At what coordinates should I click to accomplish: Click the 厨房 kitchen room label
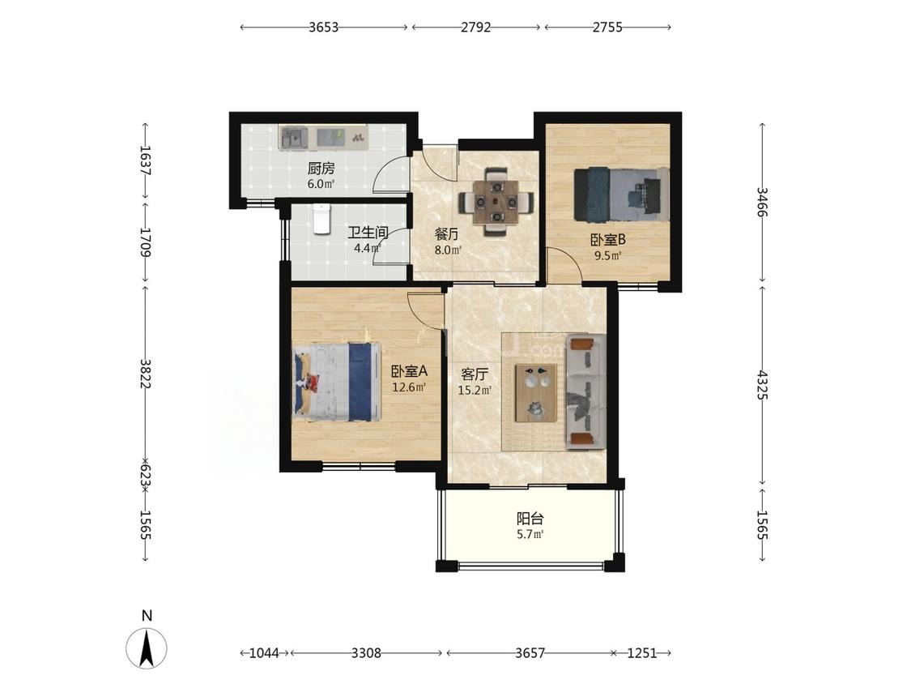pos(321,169)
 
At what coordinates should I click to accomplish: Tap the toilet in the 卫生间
pos(321,219)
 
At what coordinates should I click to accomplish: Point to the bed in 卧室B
pos(621,195)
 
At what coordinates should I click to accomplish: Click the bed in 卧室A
pos(337,381)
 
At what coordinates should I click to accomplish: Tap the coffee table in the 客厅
pos(536,392)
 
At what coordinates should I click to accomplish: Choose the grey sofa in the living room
pos(585,391)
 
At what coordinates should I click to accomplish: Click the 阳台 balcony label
pos(530,518)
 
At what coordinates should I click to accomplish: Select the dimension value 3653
pos(323,27)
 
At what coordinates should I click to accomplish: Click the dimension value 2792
pos(476,27)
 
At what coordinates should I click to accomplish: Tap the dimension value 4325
pos(762,385)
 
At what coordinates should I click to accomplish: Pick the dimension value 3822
pos(145,374)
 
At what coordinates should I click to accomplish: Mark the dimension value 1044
pos(264,653)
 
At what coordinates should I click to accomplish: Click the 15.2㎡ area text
pos(475,391)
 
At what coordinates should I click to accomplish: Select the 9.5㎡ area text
pos(607,255)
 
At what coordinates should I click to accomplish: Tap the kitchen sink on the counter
pos(295,138)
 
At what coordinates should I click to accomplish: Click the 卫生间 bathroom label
pos(368,233)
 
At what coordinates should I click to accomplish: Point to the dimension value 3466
pos(762,202)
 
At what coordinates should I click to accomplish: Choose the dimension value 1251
pos(642,653)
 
